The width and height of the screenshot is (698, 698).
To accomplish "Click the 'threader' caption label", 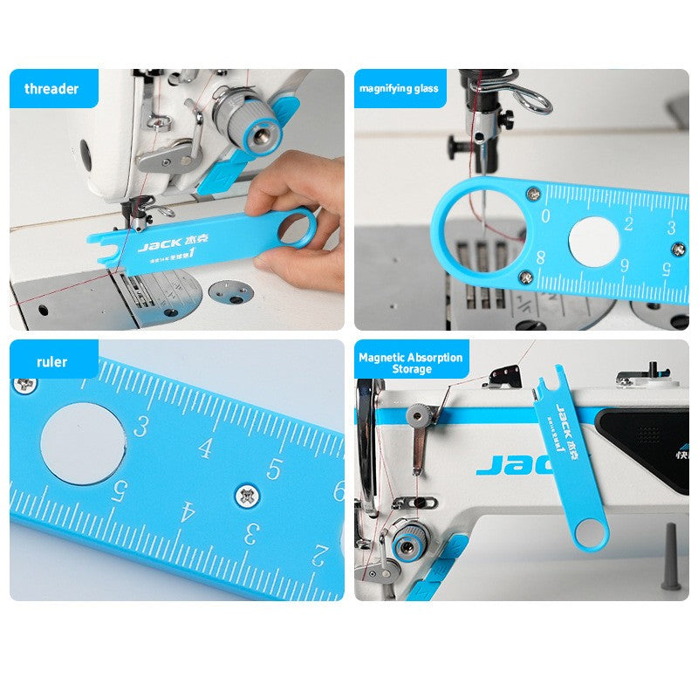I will click(51, 88).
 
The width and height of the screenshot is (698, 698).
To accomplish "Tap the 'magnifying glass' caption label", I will click(398, 88).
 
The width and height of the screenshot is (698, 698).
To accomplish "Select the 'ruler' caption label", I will click(52, 361).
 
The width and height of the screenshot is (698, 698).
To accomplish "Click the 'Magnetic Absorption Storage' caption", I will click(411, 363).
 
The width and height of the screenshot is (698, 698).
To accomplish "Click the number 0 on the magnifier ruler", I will click(545, 216).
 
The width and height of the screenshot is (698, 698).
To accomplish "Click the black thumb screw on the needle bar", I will click(454, 147).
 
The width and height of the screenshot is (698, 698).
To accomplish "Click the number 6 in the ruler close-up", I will click(337, 490).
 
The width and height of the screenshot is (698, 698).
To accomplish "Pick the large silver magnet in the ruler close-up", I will click(82, 444).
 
